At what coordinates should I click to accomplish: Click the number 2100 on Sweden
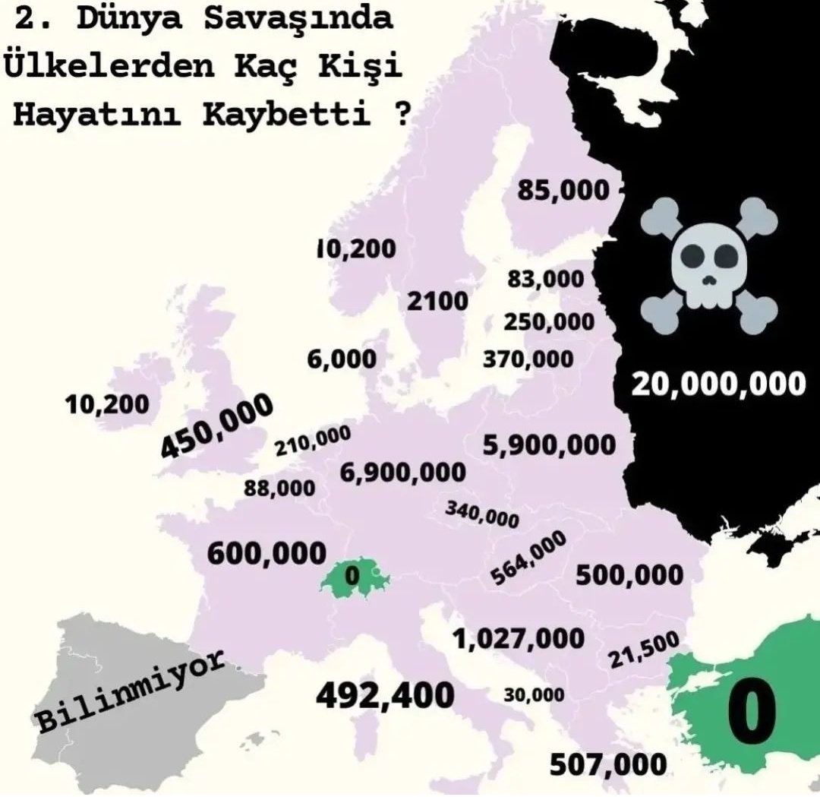[x=437, y=301]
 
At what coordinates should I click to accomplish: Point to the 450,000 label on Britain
[x=217, y=427]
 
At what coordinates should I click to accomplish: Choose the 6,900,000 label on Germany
[x=403, y=473]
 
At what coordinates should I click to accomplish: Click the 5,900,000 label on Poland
[x=550, y=445]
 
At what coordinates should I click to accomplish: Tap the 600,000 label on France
[x=266, y=553]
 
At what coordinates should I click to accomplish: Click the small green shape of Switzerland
[x=352, y=578]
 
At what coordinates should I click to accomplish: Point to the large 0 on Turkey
[x=752, y=714]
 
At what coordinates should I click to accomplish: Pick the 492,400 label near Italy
[x=385, y=695]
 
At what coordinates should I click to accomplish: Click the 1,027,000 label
[x=519, y=639]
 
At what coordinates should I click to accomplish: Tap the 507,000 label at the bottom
[x=607, y=764]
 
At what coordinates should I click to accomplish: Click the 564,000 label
[x=528, y=558]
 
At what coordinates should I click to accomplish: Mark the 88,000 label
[x=279, y=488]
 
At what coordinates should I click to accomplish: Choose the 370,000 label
[x=528, y=358]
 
